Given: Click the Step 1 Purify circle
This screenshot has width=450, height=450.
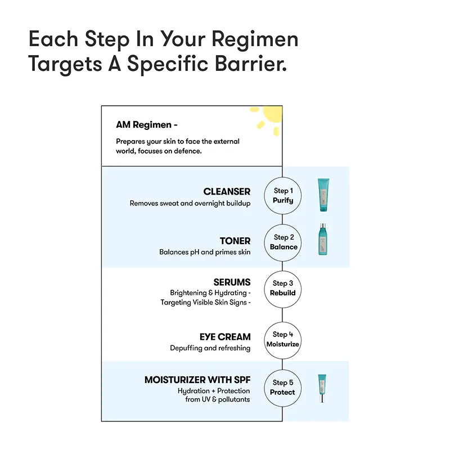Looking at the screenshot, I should coord(283,195).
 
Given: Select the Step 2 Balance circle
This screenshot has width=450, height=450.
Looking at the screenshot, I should coord(283,242).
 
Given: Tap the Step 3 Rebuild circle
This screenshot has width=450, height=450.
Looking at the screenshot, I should coord(283,288).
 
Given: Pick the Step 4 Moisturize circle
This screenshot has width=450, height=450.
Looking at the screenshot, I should coord(283,339).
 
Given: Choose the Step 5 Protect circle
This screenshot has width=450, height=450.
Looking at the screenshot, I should coord(283,387).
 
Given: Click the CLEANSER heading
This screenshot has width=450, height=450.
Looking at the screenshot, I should coord(227,192).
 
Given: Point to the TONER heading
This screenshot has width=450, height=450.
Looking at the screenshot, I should coord(235,241).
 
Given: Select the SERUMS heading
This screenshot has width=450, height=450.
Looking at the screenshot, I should coord(232,282).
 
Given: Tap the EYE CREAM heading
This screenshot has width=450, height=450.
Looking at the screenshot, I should coord(225,337).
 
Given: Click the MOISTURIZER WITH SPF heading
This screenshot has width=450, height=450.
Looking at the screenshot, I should coord(197,380).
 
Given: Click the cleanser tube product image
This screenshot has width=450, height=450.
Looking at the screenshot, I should coord(323,195).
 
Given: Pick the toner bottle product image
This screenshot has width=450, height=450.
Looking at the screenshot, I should coord(322,240).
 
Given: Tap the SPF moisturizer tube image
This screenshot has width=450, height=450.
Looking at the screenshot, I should coord(322,388).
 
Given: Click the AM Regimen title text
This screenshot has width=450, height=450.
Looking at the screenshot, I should coord(147,125).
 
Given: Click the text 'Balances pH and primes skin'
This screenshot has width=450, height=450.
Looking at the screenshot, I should coord(205,252).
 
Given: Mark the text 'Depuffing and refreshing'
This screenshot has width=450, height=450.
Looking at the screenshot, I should coord(210,348).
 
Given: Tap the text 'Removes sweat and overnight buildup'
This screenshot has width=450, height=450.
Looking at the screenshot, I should coord(190,203).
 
